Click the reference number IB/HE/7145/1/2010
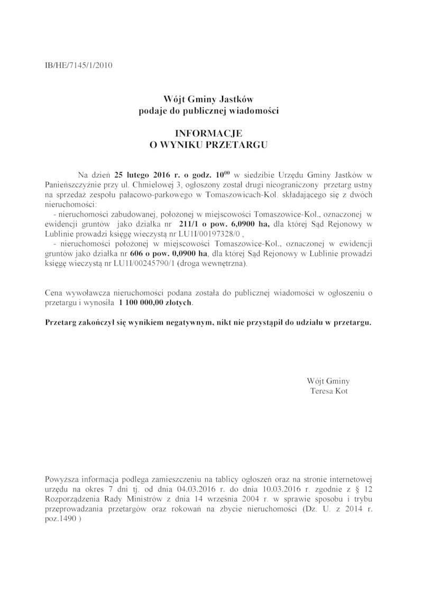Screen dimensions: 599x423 point(79,66)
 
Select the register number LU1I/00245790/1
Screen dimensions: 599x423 point(140,264)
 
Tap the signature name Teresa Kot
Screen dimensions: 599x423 point(328,391)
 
